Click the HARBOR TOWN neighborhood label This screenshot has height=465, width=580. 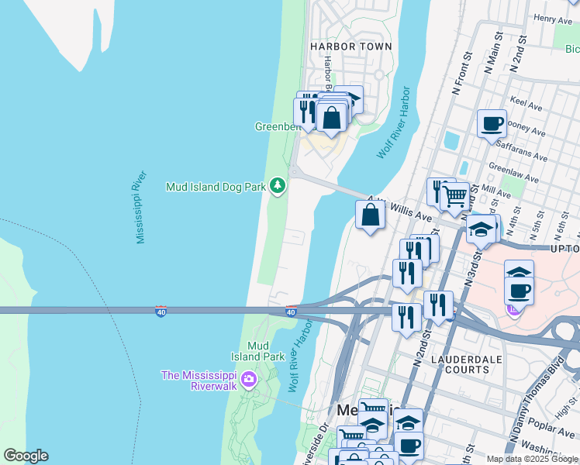[x=350, y=46]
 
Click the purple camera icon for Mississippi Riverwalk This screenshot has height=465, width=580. [x=248, y=379]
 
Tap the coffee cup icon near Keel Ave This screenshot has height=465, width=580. [x=492, y=123]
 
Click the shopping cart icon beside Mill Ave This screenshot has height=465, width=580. [x=455, y=195]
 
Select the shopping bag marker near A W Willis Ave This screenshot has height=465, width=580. [x=371, y=215]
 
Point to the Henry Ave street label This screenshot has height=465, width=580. [x=553, y=18]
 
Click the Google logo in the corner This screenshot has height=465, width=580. [x=25, y=456]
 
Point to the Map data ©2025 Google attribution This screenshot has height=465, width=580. [x=532, y=459]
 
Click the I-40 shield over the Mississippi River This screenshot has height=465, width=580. [x=161, y=312]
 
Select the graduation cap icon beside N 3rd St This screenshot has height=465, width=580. [x=481, y=230]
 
